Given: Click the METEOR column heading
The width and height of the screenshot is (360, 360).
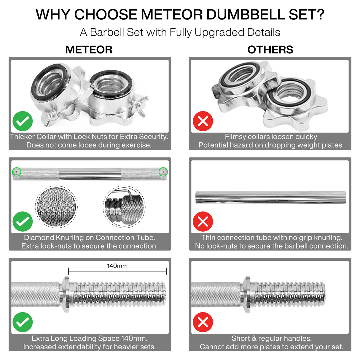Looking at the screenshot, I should tap(89, 50).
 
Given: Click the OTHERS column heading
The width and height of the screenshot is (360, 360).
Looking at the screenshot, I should tap(270, 50).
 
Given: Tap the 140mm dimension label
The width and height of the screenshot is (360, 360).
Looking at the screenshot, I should tap(117, 266).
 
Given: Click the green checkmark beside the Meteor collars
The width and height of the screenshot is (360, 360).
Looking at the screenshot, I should tap(23, 121).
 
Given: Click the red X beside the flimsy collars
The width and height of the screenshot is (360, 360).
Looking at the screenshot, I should tap(203, 121).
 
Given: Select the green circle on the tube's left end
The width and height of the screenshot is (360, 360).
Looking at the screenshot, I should tap(17, 172).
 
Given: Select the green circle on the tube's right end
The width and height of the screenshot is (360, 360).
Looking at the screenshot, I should tap(163, 172).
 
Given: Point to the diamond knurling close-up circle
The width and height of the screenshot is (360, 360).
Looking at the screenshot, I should tap(56, 207).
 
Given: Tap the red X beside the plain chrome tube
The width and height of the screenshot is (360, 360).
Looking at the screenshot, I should tap(203, 222).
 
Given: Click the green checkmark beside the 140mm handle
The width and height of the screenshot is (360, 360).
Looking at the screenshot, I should tap(23, 322).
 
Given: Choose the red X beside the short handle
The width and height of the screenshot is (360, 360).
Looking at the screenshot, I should tap(203, 322).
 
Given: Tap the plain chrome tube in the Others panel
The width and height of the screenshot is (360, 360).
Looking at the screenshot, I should tap(270, 197).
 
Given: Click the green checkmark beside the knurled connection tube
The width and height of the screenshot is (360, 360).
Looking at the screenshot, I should tap(23, 222).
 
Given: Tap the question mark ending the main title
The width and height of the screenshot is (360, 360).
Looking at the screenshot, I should tap(320, 15).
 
